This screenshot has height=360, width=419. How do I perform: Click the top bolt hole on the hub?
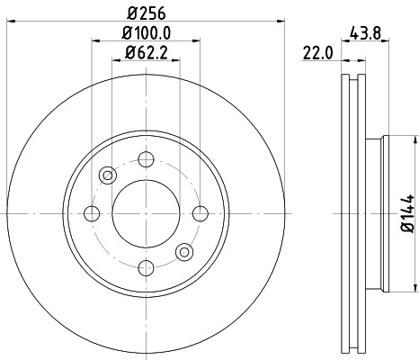145,159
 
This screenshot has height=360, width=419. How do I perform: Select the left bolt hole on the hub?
92,213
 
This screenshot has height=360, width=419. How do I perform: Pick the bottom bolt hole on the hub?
145,266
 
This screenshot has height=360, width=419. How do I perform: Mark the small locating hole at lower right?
184,250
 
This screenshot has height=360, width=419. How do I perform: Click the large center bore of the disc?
145,213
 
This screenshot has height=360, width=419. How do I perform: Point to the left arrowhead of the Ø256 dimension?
6,22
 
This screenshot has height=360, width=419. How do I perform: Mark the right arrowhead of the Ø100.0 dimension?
195,40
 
